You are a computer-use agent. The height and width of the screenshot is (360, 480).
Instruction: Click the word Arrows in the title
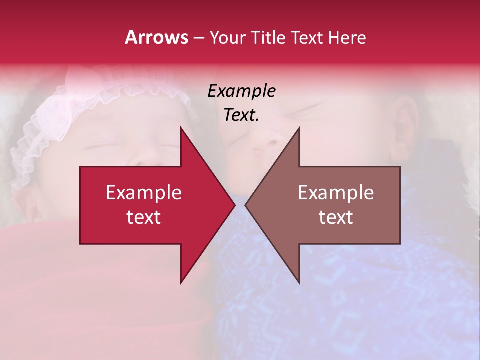156,37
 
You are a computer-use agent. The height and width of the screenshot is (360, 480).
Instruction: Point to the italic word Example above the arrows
241,91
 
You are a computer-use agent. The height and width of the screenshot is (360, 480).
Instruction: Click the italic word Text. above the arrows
241,115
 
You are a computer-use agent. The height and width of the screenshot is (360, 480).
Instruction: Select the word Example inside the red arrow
144,192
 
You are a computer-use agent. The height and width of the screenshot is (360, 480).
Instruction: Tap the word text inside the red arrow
144,217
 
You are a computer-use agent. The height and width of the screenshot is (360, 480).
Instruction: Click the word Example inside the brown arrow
336,192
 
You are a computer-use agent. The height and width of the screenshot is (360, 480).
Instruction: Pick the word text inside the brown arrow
336,217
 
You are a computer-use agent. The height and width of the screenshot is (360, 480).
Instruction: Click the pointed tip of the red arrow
234,205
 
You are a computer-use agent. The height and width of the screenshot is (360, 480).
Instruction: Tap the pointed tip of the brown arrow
246,205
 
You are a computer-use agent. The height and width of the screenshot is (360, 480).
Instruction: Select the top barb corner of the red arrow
181,128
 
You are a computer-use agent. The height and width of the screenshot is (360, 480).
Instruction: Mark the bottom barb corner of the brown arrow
299,283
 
